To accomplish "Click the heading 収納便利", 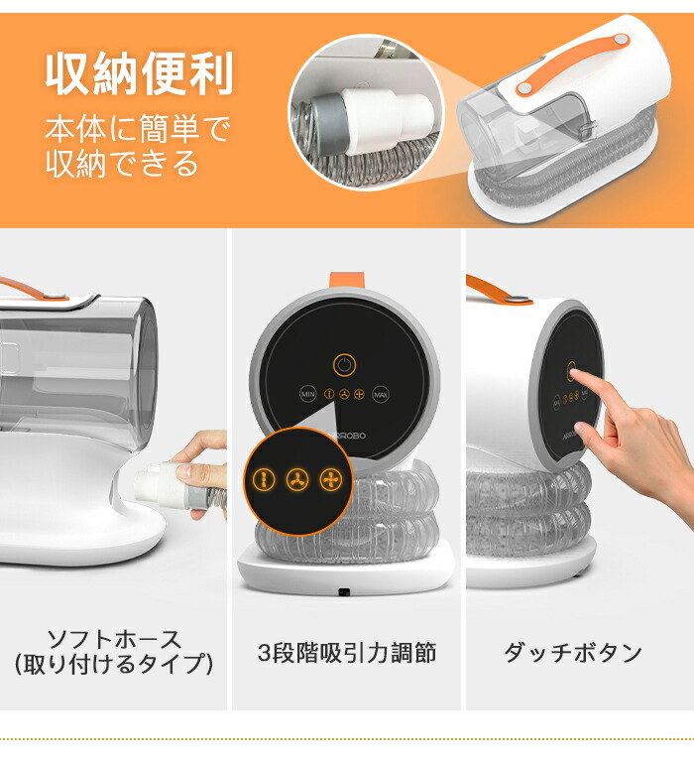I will (140, 75).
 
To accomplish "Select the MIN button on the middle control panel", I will (307, 394).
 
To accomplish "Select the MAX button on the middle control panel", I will (382, 394).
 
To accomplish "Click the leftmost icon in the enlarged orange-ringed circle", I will (263, 479).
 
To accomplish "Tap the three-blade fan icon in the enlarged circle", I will (296, 480).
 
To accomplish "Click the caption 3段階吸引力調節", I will (346, 653).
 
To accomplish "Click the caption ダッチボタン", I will (573, 653).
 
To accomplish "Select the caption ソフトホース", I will (114, 638).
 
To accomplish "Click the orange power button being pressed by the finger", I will (572, 371).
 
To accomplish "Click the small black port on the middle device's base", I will (343, 592).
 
